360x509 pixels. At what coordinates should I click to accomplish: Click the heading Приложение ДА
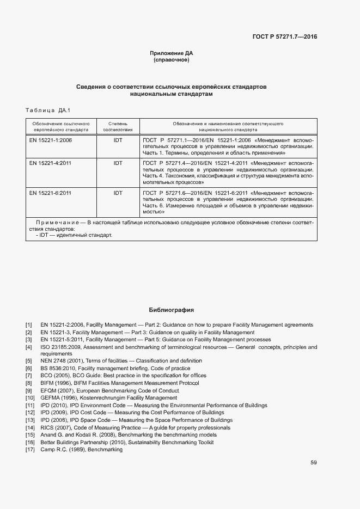(172, 53)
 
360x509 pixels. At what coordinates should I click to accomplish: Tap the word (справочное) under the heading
(172, 60)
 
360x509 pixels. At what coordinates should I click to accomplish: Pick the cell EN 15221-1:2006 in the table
(51, 140)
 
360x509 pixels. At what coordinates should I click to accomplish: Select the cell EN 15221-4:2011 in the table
(51, 163)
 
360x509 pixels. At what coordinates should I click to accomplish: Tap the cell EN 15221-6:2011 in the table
(51, 193)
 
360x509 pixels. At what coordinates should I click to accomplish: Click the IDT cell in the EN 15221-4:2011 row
(118, 163)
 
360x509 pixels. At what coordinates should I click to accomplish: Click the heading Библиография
(172, 310)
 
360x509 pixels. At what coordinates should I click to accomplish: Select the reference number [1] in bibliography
(28, 325)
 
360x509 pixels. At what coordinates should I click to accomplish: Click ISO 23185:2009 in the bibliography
(61, 347)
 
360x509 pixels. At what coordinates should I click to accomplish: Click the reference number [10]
(30, 398)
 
